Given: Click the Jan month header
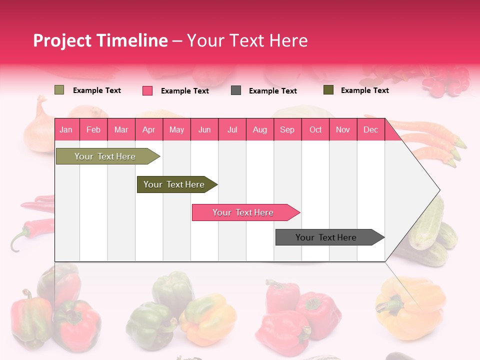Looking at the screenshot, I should tap(66, 129).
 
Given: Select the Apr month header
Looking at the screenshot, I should tap(148, 129).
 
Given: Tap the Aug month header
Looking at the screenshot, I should tap(259, 129).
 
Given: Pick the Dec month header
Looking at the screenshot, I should tap(370, 129).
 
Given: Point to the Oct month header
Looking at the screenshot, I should tap(315, 129).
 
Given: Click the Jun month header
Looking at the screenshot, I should tap(204, 129).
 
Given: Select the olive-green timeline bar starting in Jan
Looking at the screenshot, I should tap(105, 156).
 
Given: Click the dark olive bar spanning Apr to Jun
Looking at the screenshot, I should tap(174, 184).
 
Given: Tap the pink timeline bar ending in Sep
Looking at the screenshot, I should tap(243, 212).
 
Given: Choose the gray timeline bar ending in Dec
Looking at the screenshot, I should tap(326, 237).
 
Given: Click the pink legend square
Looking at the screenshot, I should tap(147, 90).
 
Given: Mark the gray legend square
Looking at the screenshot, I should tap(236, 90).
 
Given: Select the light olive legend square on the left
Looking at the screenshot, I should tap(59, 90).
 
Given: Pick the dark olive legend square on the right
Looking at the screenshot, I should tap(328, 90).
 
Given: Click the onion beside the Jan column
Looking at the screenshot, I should tap(39, 127).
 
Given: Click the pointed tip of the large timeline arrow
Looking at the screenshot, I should tap(438, 190).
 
